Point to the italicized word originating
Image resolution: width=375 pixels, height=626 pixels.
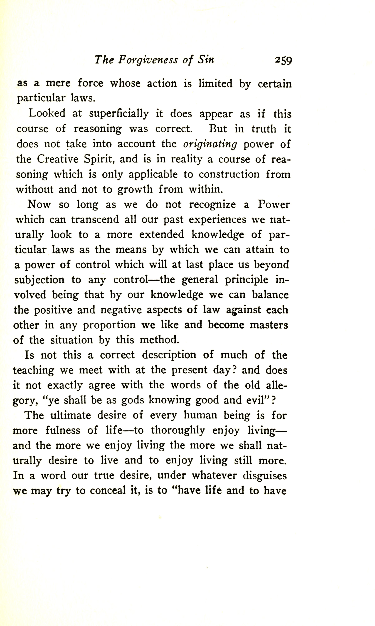210,144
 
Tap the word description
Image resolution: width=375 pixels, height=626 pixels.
169,355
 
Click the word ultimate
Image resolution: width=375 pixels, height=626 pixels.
71,415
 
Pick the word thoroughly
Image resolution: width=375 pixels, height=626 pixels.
178,431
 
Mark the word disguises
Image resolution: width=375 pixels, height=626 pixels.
265,476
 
